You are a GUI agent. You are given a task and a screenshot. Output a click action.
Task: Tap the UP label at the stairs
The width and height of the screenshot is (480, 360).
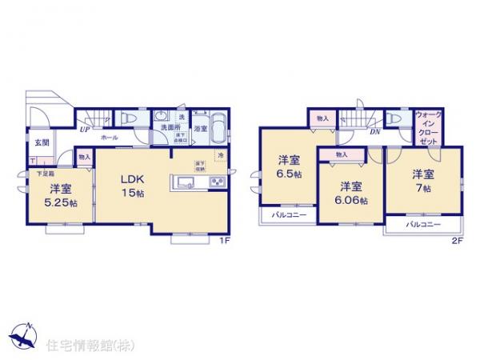pyautogui.click(x=84, y=127)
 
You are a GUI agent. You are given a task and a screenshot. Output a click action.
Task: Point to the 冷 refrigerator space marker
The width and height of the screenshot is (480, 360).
pyautogui.click(x=222, y=154)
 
